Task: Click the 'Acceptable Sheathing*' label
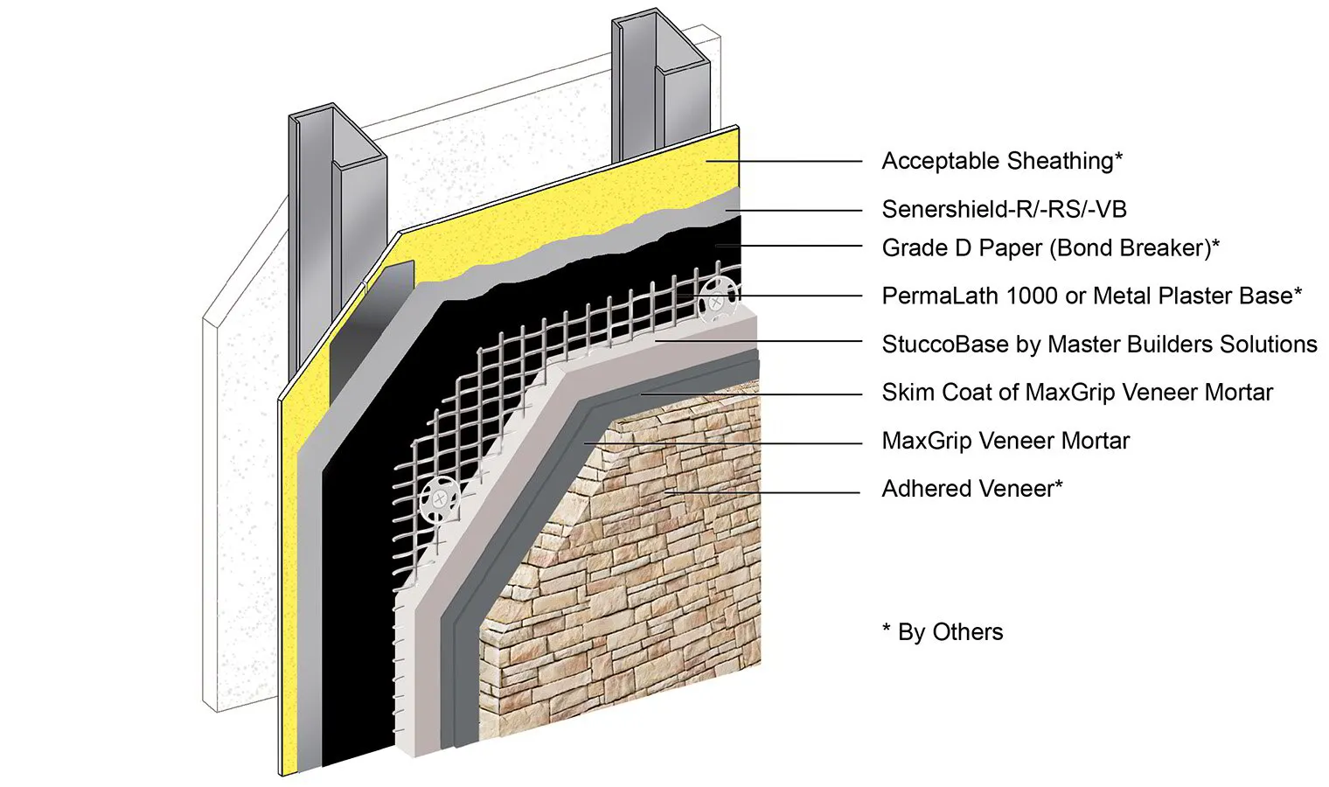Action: (1001, 161)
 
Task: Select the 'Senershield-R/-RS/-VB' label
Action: (1004, 209)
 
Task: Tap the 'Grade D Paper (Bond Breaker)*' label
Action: (1050, 248)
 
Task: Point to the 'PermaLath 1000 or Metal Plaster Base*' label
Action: (1091, 296)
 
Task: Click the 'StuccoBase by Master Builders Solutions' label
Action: (1099, 344)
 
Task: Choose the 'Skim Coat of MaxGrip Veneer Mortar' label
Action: (1076, 392)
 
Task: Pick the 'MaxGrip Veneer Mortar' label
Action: (1005, 440)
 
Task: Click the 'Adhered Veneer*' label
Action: (971, 488)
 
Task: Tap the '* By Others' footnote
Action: (943, 631)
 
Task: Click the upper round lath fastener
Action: (716, 301)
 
